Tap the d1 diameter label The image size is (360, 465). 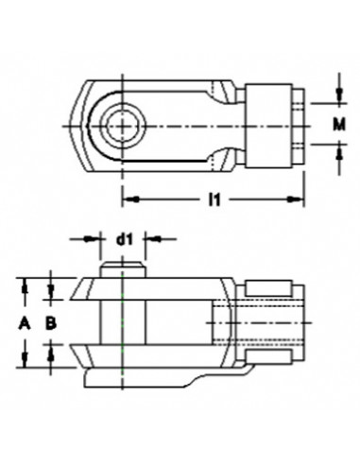(123, 240)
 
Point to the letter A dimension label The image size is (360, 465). (26, 321)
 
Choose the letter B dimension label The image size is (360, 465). (53, 321)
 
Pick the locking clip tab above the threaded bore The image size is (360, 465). (269, 285)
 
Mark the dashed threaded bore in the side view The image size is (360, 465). (255, 321)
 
